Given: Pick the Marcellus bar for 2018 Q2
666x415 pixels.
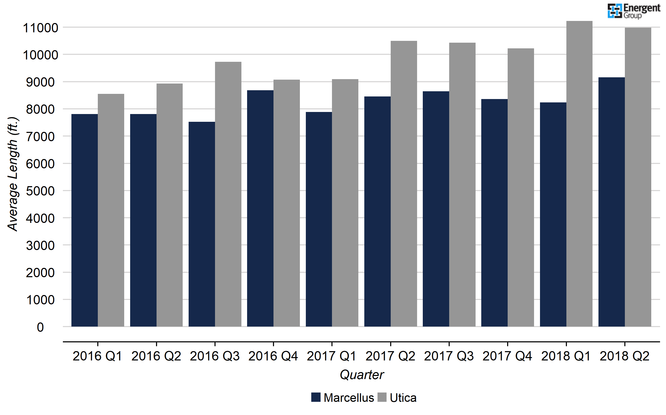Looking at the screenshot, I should click(x=611, y=202).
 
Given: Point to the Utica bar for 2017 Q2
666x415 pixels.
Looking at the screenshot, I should click(x=404, y=184).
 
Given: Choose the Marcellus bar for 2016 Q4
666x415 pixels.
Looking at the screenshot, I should click(x=260, y=208).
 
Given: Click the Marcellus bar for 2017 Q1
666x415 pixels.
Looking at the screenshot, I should click(x=319, y=219).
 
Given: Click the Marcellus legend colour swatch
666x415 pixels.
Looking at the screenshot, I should click(x=316, y=397).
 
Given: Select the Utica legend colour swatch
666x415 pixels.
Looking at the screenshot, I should click(x=382, y=397).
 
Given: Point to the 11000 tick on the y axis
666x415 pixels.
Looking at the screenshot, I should click(x=40, y=28).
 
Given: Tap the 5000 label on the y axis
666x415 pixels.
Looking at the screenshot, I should click(x=40, y=191).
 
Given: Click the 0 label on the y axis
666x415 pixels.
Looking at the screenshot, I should click(x=40, y=327).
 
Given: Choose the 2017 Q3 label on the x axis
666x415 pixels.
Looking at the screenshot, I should click(x=449, y=356).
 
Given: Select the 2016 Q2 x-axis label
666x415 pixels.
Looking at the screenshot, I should click(x=156, y=356).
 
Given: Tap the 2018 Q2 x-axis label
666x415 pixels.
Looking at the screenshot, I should click(x=625, y=356).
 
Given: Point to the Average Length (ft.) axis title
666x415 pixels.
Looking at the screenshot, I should click(x=13, y=174).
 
